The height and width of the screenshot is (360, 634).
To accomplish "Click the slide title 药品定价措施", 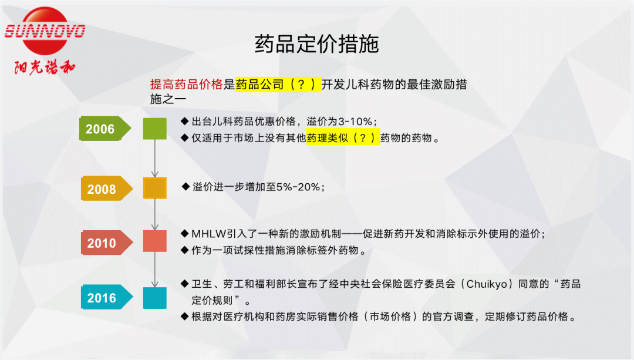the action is click(316, 43).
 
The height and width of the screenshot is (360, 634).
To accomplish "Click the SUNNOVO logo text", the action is click(45, 31).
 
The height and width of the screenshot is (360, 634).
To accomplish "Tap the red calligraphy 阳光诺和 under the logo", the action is click(45, 67).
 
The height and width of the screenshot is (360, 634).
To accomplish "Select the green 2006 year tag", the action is click(105, 129).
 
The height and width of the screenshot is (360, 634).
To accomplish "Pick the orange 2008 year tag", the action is click(107, 189).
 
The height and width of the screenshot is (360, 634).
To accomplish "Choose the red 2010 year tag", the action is click(107, 243).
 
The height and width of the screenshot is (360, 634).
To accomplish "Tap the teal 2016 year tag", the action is click(107, 297).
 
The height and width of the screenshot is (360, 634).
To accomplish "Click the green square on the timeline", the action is click(155, 129).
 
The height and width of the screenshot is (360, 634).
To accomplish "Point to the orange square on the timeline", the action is click(155, 188).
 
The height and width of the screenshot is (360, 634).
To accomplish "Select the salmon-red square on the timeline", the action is click(155, 241).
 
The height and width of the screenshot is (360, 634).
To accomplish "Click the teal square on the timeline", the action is click(155, 298).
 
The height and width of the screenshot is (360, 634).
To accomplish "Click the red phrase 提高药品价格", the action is click(187, 84).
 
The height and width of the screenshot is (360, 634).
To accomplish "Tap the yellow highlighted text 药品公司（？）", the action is click(278, 84).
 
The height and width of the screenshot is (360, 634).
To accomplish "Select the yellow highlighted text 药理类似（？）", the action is click(343, 137).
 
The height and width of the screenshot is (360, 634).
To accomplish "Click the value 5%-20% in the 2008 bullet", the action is click(298, 187).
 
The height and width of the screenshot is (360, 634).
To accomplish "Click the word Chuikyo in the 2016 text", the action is click(487, 284).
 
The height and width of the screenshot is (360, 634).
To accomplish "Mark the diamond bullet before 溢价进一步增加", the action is click(186, 187).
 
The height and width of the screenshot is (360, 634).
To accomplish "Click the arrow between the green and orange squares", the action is click(155, 159).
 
